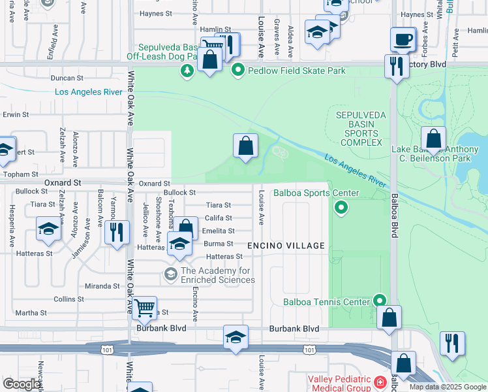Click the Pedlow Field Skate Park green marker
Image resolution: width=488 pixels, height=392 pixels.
(238, 70)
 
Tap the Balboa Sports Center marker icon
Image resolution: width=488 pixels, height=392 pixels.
(340, 208)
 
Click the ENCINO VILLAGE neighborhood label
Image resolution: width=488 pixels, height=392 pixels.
(286, 246)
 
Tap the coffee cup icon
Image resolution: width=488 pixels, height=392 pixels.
(403, 39)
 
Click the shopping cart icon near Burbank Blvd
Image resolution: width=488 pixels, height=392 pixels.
(144, 306)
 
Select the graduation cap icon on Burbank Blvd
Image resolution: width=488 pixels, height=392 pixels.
(236, 337)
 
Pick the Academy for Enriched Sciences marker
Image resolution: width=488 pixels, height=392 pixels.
(172, 272)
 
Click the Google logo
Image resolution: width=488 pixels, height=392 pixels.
(22, 384)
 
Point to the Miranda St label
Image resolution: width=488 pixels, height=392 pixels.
(102, 286)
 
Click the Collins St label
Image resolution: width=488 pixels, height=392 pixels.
(65, 299)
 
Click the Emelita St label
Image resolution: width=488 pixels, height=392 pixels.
(219, 231)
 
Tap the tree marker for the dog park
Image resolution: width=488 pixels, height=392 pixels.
(187, 70)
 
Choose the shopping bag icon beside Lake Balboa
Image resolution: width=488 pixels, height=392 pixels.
(433, 139)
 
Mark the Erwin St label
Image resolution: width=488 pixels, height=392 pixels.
(16, 114)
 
